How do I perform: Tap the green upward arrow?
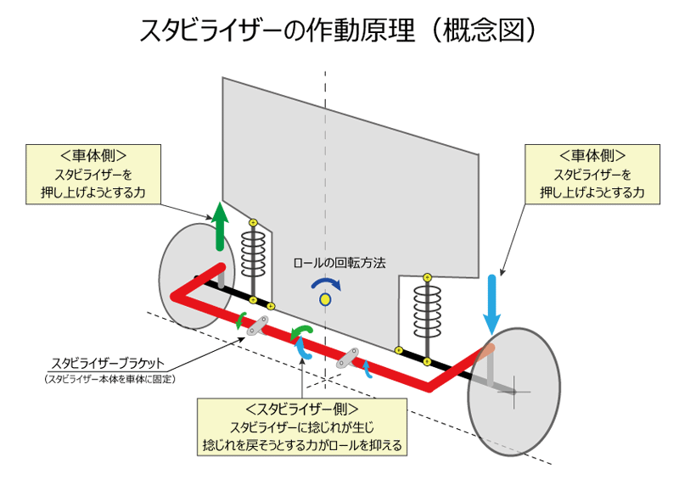coord(220,227)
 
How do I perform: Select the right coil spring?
coord(427,310)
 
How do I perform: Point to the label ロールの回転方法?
coord(339,263)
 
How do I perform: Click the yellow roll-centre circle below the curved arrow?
coord(324,299)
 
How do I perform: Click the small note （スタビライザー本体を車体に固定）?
coord(110,378)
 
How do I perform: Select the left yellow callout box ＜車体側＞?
coord(94,175)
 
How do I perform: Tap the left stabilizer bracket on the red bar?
coord(258,326)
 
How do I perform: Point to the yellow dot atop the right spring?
coord(427,276)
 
